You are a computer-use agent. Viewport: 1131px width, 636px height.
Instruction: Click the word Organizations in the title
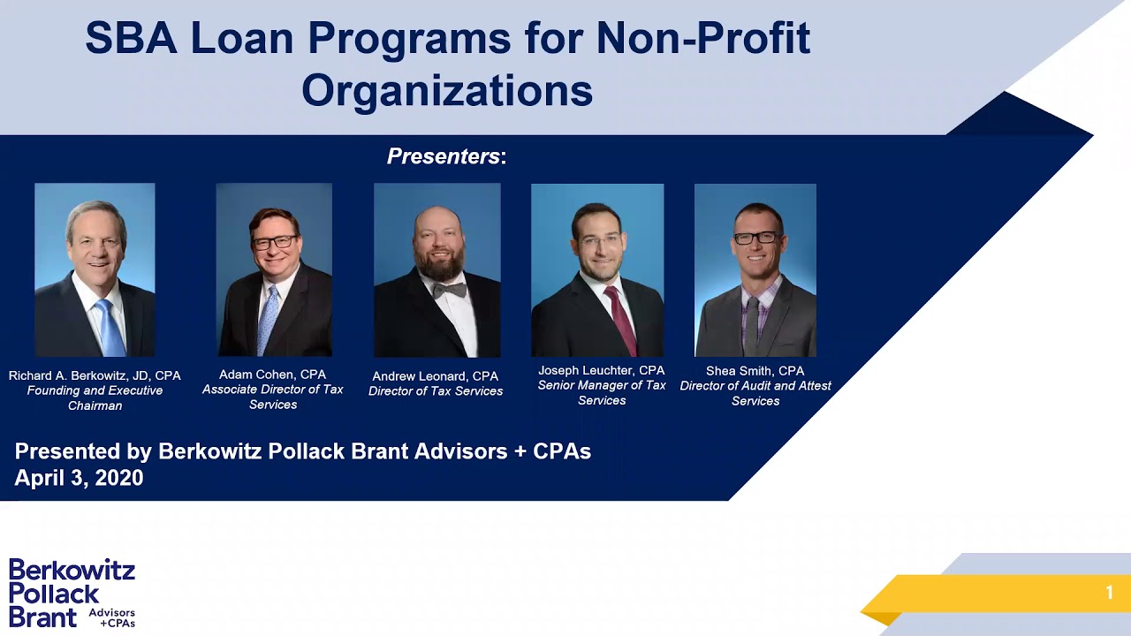[447, 91]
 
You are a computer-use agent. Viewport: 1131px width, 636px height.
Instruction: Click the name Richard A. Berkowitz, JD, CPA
[95, 375]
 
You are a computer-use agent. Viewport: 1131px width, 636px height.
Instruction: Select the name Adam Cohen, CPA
[273, 375]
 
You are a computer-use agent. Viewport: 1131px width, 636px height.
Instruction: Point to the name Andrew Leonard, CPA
[436, 376]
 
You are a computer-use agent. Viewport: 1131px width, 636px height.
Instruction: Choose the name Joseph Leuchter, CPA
[602, 370]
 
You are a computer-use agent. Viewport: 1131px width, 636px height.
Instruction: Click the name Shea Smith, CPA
[755, 371]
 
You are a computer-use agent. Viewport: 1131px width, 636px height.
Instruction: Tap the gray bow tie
[450, 291]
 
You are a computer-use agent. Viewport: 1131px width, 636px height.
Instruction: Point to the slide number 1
[1109, 592]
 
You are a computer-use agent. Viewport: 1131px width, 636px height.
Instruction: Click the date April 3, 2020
[79, 478]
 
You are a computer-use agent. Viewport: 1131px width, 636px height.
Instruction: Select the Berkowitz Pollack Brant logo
[72, 593]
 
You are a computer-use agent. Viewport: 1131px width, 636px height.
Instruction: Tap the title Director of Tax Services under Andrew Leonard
[436, 391]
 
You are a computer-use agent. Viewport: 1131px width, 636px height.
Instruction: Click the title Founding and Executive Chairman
[95, 398]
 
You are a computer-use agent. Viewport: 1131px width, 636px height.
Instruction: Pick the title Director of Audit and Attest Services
[755, 393]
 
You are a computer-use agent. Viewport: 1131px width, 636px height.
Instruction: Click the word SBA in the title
[132, 38]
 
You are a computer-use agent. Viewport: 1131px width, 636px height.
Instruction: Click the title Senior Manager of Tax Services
[602, 393]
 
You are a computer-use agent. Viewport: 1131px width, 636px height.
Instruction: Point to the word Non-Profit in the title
[703, 38]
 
